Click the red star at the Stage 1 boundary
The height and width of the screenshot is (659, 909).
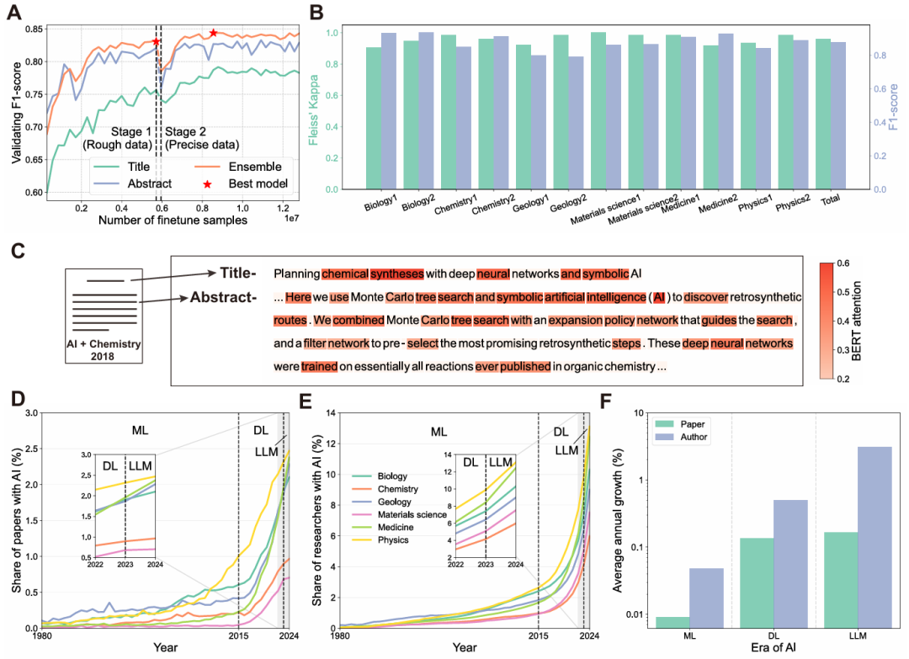tap(156, 41)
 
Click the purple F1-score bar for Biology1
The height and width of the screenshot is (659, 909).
tap(389, 111)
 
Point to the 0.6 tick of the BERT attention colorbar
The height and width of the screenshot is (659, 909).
tap(866, 263)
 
